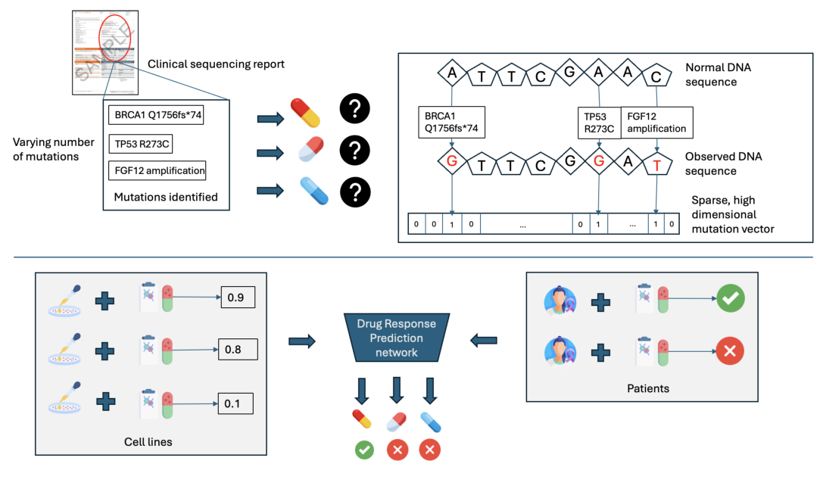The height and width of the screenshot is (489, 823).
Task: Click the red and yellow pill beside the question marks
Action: (306, 112)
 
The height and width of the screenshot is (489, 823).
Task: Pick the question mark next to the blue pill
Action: (354, 192)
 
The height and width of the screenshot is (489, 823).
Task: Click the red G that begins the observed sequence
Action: (452, 161)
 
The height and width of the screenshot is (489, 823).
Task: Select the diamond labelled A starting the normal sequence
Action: (452, 73)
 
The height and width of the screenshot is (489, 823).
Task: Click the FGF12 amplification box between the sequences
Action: (656, 122)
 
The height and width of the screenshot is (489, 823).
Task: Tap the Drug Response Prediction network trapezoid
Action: (397, 338)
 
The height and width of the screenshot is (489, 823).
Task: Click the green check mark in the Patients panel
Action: (730, 299)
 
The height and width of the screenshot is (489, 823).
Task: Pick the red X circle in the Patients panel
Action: (730, 350)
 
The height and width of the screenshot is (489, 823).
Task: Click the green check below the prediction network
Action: (364, 450)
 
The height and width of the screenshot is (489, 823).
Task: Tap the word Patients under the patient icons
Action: (648, 388)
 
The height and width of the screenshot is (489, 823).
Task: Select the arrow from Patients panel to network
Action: (485, 341)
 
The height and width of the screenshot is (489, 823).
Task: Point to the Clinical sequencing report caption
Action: (216, 64)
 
